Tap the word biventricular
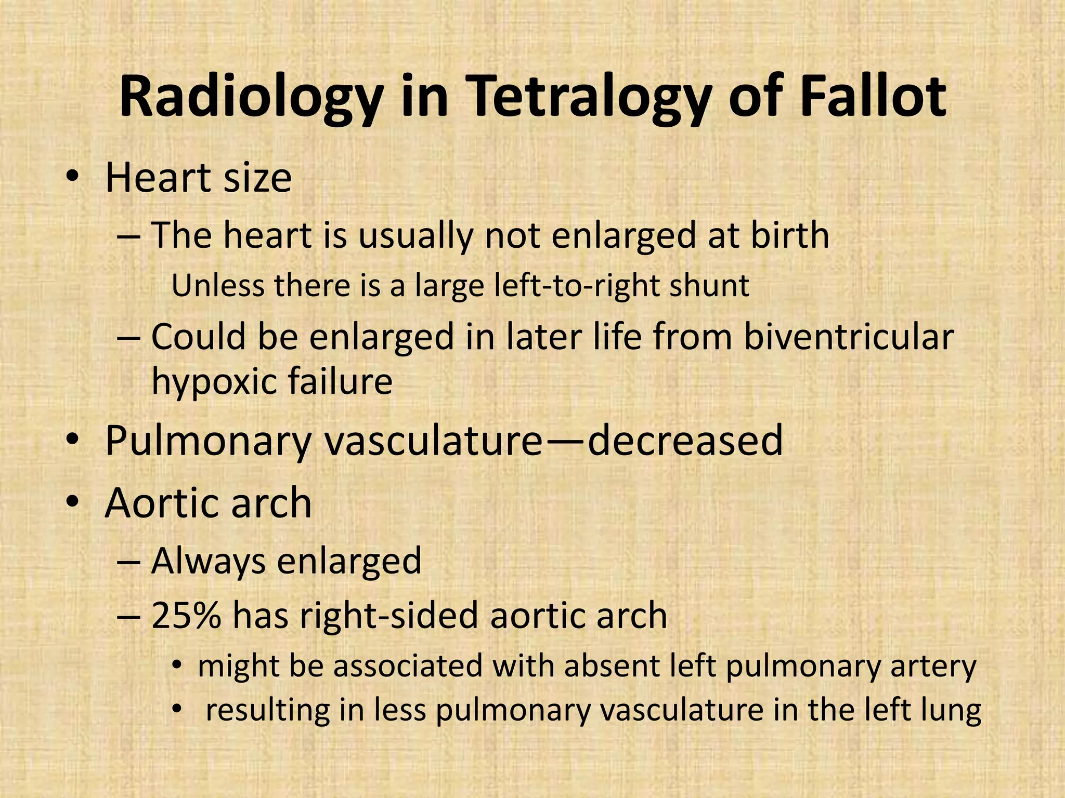tap(848, 337)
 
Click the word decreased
tap(685, 440)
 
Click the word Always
tap(208, 561)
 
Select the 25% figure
tap(186, 615)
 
